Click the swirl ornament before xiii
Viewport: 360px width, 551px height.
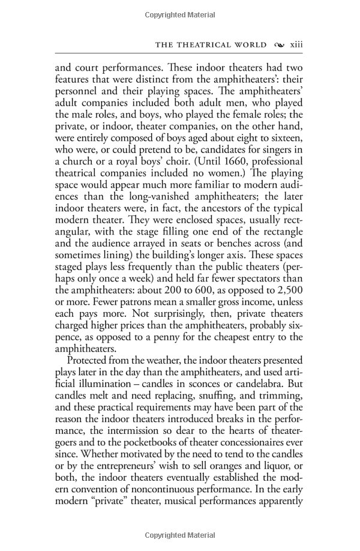pyautogui.click(x=278, y=44)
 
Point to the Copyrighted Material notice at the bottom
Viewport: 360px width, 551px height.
pyautogui.click(x=180, y=535)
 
